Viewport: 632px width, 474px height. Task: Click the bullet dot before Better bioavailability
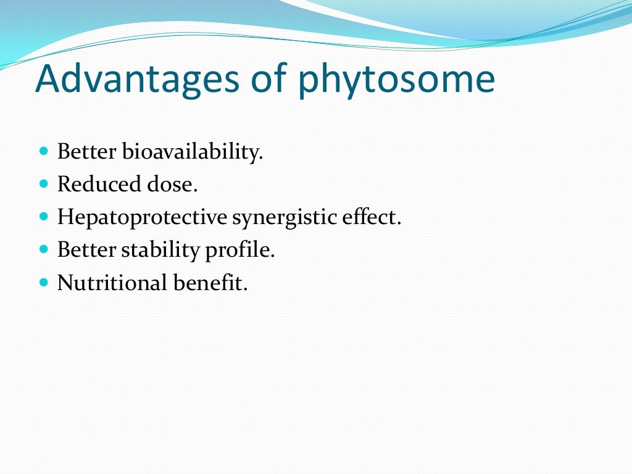(x=43, y=151)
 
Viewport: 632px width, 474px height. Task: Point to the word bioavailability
(x=193, y=152)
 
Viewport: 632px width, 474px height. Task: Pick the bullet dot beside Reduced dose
(x=43, y=183)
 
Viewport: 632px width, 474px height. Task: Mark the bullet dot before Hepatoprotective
(x=43, y=217)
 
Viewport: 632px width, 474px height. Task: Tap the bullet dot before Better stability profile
(x=43, y=249)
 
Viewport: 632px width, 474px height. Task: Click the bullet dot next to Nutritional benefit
(x=43, y=283)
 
